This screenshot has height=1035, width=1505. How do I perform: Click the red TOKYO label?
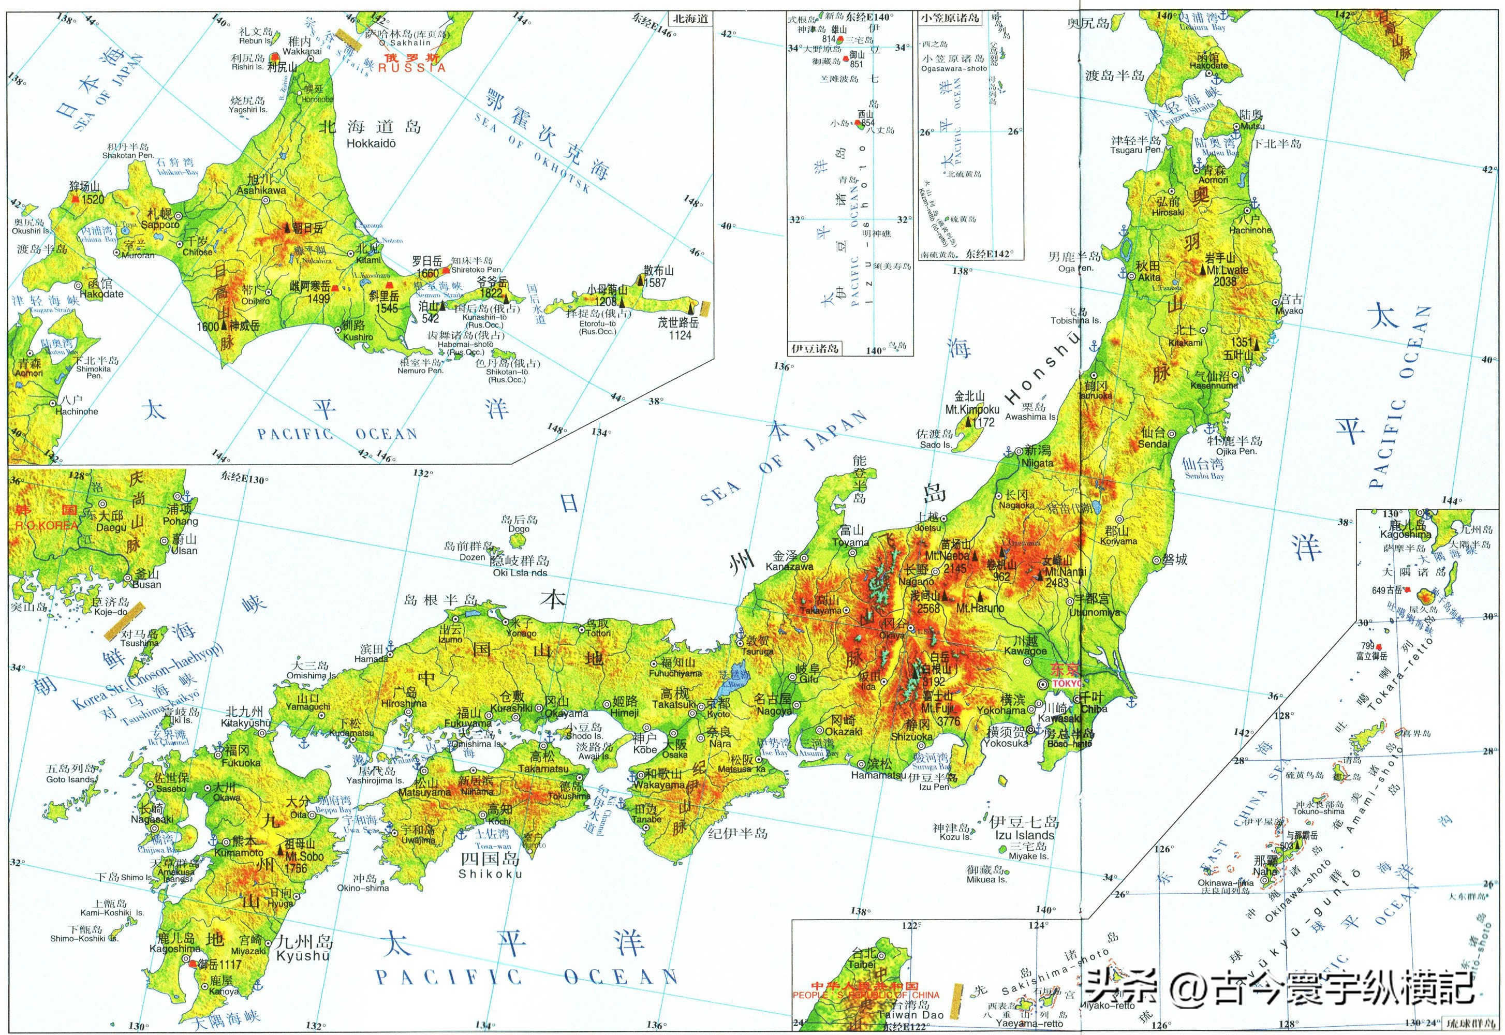pyautogui.click(x=1066, y=684)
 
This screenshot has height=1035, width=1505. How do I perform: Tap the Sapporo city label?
pyautogui.click(x=160, y=225)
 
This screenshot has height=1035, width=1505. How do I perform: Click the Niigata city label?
pyautogui.click(x=1038, y=463)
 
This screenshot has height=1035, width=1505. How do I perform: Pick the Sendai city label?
pyautogui.click(x=1154, y=444)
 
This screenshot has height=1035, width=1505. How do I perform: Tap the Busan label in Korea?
pyautogui.click(x=146, y=584)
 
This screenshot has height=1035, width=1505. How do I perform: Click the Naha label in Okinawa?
pyautogui.click(x=1265, y=871)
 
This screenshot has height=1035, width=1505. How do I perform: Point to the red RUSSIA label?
pyautogui.click(x=412, y=67)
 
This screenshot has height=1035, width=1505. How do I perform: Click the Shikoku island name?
pyautogui.click(x=490, y=874)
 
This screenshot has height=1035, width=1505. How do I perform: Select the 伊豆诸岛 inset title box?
pyautogui.click(x=815, y=348)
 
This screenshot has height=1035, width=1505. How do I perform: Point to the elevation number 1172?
pyautogui.click(x=984, y=422)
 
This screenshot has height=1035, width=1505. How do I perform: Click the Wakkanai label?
pyautogui.click(x=302, y=51)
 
